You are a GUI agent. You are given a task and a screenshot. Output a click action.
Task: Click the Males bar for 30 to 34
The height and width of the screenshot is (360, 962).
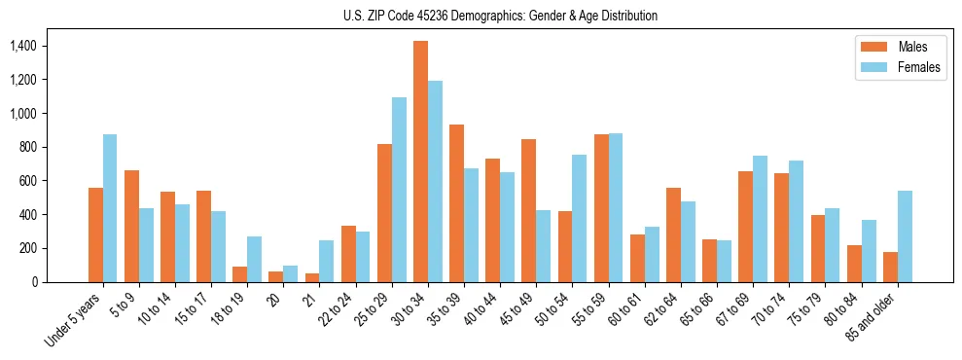pyautogui.click(x=420, y=162)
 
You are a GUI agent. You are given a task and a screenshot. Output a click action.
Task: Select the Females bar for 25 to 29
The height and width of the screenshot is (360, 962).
pyautogui.click(x=399, y=190)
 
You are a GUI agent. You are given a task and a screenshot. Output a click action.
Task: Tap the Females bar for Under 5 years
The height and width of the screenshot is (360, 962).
pyautogui.click(x=110, y=208)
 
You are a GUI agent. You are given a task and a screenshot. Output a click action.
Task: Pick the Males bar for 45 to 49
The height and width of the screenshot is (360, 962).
pyautogui.click(x=528, y=210)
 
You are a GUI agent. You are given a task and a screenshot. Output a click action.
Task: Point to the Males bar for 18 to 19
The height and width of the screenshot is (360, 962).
pyautogui.click(x=239, y=273)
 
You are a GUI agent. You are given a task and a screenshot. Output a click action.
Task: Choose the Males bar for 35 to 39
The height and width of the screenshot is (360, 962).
pyautogui.click(x=456, y=203)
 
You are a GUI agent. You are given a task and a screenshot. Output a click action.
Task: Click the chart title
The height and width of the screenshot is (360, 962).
pyautogui.click(x=500, y=16)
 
